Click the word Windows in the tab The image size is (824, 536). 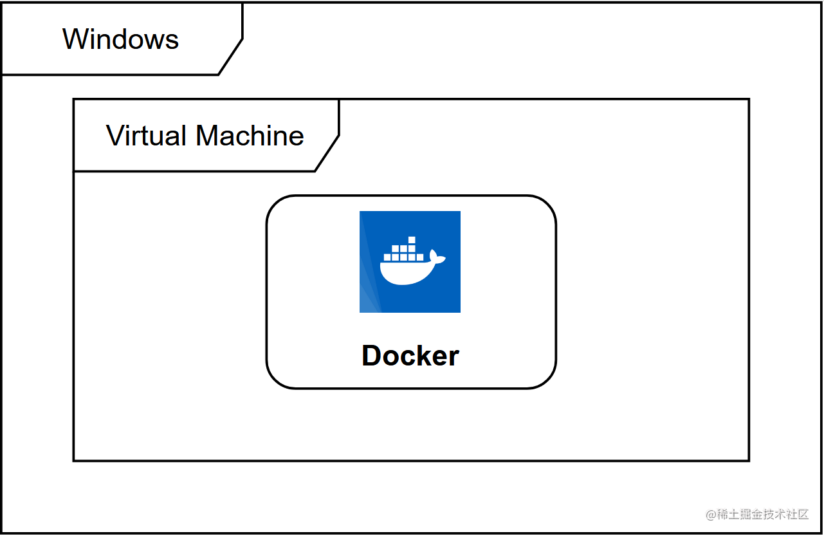tap(120, 39)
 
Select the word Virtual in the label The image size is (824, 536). tap(147, 136)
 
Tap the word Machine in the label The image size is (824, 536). tap(250, 136)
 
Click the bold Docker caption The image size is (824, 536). tap(410, 356)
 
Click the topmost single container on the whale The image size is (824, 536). tap(412, 241)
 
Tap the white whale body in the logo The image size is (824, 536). tap(405, 273)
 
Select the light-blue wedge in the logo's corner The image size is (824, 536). tap(368, 290)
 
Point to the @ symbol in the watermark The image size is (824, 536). tap(711, 515)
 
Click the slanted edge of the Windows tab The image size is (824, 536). tap(230, 57)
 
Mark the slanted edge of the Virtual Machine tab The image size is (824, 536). tap(327, 153)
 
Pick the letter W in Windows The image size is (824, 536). tap(75, 39)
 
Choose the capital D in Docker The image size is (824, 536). tap(371, 356)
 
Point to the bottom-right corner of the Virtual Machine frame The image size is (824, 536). tap(749, 460)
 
